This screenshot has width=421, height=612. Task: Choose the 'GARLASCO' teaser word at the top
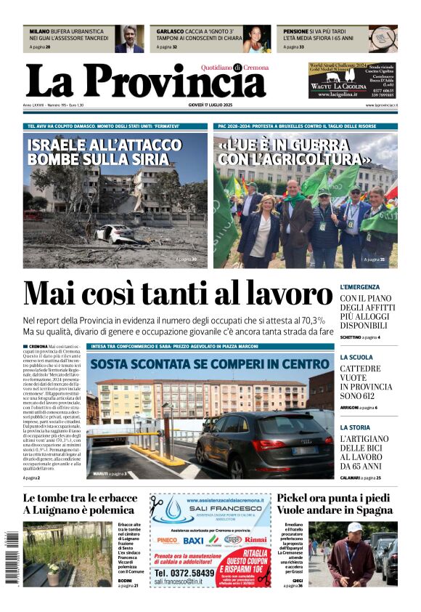[x=171, y=32]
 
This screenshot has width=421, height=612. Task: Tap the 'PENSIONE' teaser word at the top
[x=296, y=32]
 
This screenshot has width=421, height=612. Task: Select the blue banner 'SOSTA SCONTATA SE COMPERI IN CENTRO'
[x=210, y=363]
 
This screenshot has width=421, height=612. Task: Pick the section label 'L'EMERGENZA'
[x=360, y=287]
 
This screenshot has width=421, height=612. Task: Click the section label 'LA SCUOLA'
[x=356, y=358]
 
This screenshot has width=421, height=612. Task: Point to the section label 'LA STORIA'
[x=355, y=427]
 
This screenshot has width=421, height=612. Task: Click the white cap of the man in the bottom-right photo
[x=354, y=528]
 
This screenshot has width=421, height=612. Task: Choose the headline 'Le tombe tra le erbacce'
[x=80, y=499]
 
